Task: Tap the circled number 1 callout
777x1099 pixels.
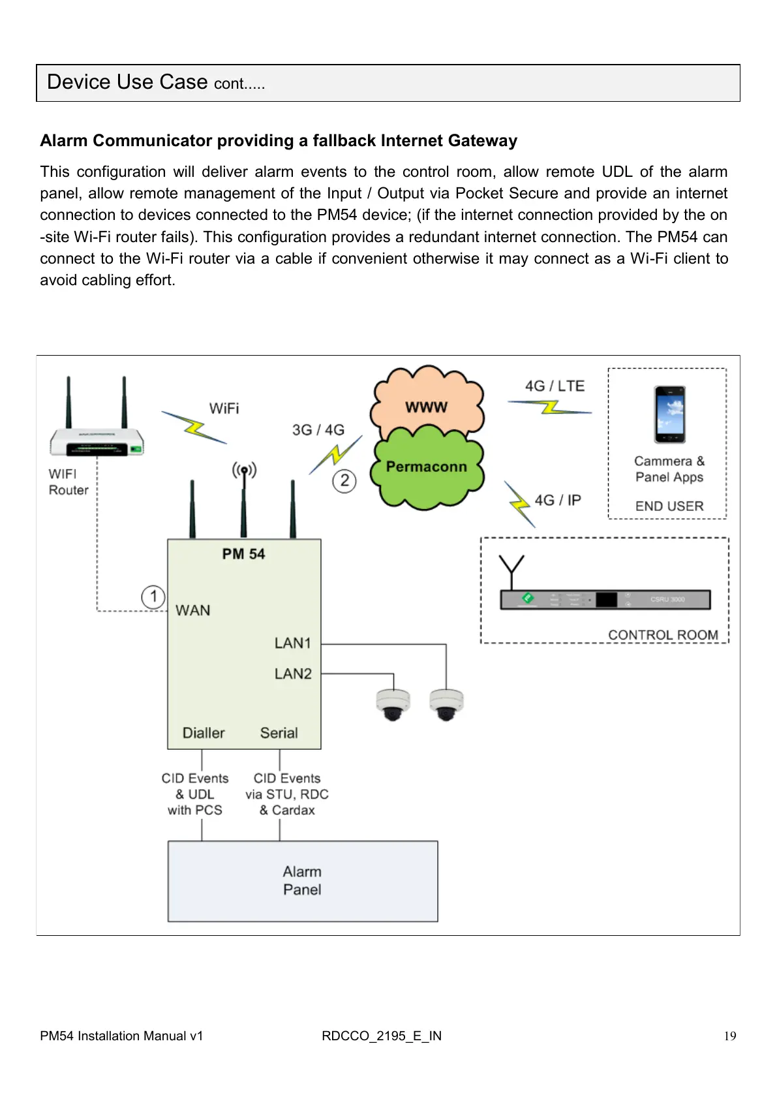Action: pyautogui.click(x=153, y=596)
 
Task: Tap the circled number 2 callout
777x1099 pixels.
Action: pyautogui.click(x=344, y=482)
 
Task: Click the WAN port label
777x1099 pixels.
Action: pyautogui.click(x=193, y=611)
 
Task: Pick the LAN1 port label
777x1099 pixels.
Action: pyautogui.click(x=293, y=643)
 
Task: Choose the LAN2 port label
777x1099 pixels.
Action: pyautogui.click(x=293, y=673)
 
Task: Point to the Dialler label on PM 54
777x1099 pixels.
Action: pyautogui.click(x=204, y=733)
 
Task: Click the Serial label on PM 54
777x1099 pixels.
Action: pyautogui.click(x=279, y=733)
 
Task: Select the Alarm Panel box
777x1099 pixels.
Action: pyautogui.click(x=303, y=881)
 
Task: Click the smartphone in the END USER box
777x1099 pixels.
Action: pyautogui.click(x=670, y=414)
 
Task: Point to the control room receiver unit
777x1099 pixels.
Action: pyautogui.click(x=605, y=599)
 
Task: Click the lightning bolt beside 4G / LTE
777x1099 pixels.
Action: pyautogui.click(x=551, y=408)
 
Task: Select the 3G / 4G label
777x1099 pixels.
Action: pyautogui.click(x=318, y=430)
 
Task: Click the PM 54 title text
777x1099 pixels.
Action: pyautogui.click(x=243, y=554)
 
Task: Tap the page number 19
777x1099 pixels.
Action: pyautogui.click(x=730, y=1036)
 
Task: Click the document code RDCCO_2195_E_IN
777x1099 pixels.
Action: pyautogui.click(x=382, y=1036)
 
